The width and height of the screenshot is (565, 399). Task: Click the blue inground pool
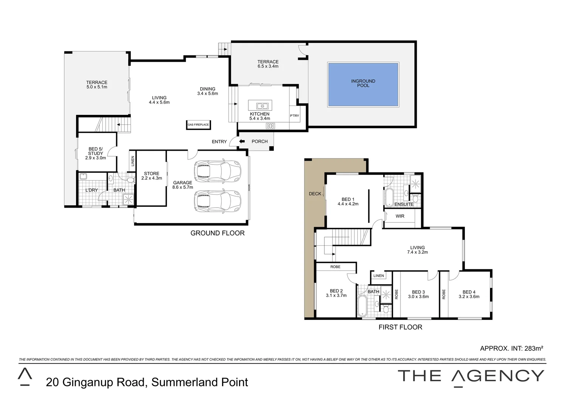363,85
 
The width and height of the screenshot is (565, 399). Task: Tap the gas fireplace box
198,125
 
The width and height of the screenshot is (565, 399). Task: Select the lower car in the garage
217,201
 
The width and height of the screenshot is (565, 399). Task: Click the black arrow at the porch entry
242,141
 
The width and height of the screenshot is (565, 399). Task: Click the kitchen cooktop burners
270,126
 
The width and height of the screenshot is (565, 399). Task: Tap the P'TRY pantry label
295,116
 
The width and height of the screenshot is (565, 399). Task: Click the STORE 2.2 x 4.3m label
152,176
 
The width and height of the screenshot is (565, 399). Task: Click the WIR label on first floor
400,216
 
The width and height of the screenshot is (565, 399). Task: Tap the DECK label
315,194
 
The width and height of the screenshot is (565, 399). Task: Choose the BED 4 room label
469,294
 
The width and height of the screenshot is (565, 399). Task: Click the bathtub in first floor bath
363,306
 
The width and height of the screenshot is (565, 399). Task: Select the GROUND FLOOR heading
217,233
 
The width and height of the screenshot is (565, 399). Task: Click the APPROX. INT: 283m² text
511,348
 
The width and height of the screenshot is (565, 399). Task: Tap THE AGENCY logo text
470,376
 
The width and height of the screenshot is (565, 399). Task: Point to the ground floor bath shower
128,199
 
